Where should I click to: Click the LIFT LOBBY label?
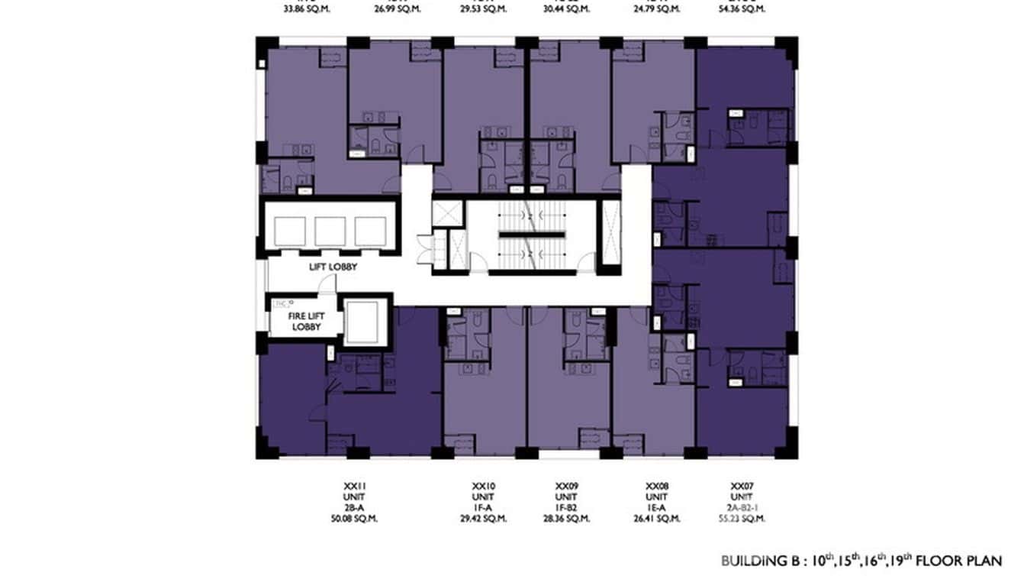click(x=333, y=267)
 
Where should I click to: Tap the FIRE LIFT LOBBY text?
click(x=303, y=322)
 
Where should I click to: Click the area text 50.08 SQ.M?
click(x=350, y=519)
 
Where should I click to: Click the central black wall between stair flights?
click(x=532, y=235)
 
